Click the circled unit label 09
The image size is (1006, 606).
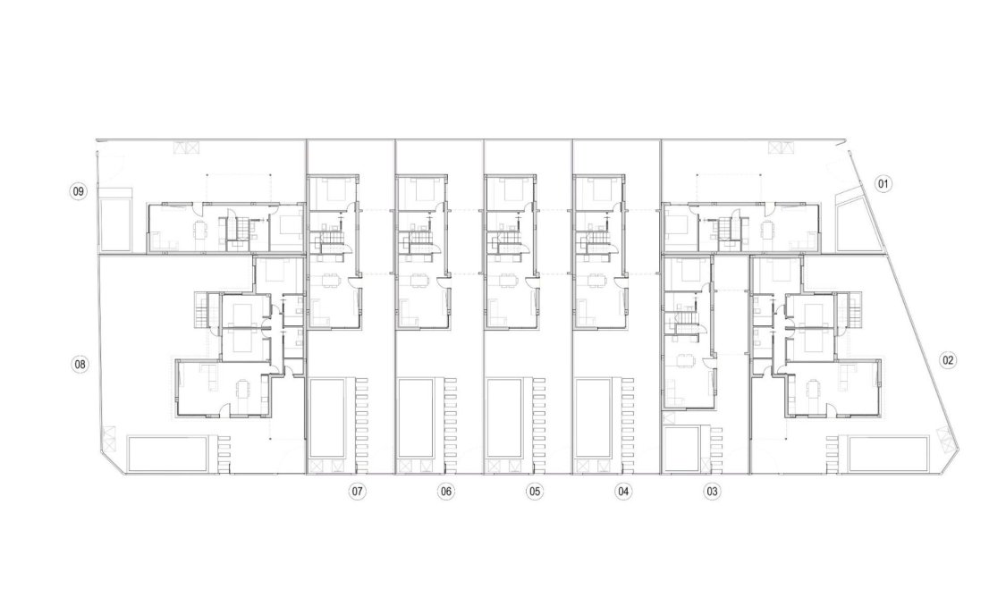[x=79, y=191]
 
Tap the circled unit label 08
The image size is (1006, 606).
[x=80, y=364]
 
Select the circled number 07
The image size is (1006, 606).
[x=357, y=491]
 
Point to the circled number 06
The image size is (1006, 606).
[x=445, y=491]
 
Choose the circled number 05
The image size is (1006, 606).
[x=534, y=491]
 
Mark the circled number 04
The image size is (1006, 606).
[x=623, y=491]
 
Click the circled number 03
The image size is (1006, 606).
[x=712, y=491]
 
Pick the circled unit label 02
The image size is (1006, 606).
[x=948, y=360]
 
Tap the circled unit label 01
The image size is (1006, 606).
[x=883, y=185]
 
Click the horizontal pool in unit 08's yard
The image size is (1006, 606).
[x=167, y=454]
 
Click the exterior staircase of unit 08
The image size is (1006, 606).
[x=199, y=309]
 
